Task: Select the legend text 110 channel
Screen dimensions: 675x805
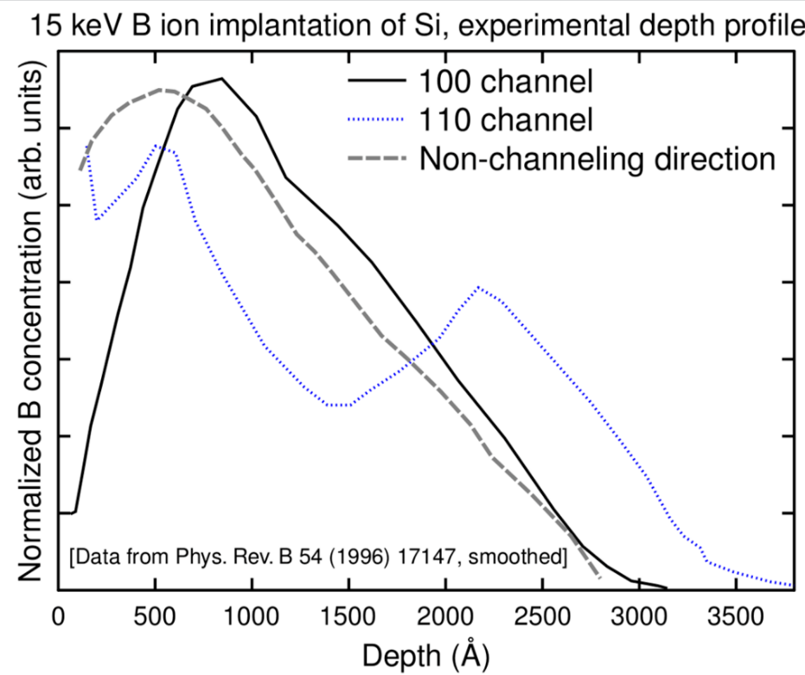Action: coord(505,120)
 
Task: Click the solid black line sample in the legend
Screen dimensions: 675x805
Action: coord(377,81)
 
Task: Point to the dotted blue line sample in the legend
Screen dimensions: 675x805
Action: coord(377,120)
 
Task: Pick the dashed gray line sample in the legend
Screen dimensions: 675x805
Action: coord(377,159)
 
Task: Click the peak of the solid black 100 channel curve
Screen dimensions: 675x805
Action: coord(222,79)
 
